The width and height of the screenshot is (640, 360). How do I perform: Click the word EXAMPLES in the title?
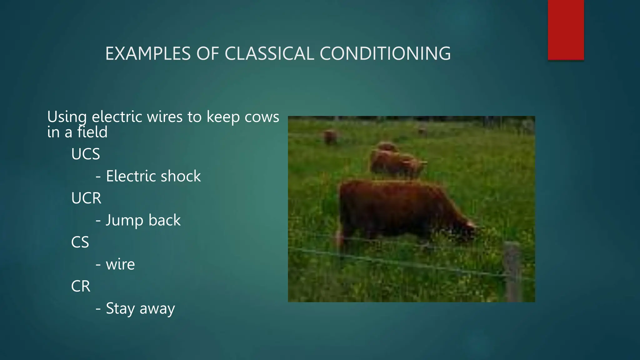[x=148, y=53]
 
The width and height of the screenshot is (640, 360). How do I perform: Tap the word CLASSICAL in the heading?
[x=269, y=53]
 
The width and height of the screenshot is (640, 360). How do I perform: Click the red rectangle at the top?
[x=566, y=30]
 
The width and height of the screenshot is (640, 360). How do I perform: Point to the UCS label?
[x=85, y=154]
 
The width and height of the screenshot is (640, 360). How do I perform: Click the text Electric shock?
[x=153, y=176]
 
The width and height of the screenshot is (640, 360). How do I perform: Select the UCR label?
[x=86, y=198]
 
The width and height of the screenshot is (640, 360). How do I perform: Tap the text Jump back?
[x=143, y=220]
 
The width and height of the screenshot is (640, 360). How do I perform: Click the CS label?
[x=80, y=242]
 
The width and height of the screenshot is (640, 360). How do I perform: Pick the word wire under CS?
[x=120, y=264]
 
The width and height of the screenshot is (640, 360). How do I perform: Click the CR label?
[x=81, y=286]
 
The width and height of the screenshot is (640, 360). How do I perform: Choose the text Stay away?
[x=140, y=309]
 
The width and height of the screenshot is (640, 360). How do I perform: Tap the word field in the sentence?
[x=92, y=132]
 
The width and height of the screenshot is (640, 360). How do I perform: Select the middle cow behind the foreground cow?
[x=397, y=162]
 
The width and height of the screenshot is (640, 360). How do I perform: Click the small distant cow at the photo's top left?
[x=330, y=137]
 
